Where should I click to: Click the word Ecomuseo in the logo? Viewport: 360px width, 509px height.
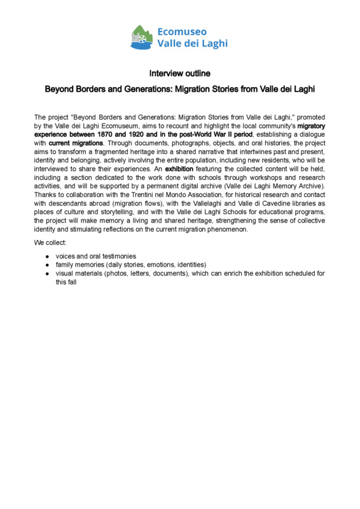181,31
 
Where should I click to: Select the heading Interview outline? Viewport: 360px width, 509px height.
180,73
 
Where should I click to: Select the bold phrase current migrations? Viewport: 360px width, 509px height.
72,143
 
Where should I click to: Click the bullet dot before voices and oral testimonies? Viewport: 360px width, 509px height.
48,256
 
